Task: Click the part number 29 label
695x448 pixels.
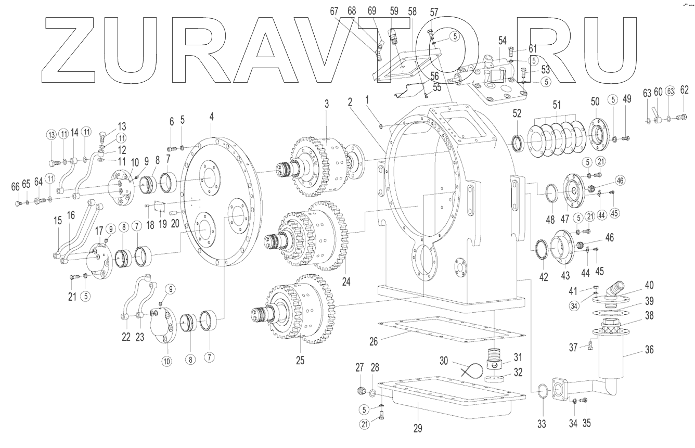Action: point(417,428)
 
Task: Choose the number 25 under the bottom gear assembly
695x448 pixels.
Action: point(300,360)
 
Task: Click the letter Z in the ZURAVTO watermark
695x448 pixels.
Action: point(68,49)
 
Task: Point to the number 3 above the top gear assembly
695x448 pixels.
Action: point(327,104)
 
